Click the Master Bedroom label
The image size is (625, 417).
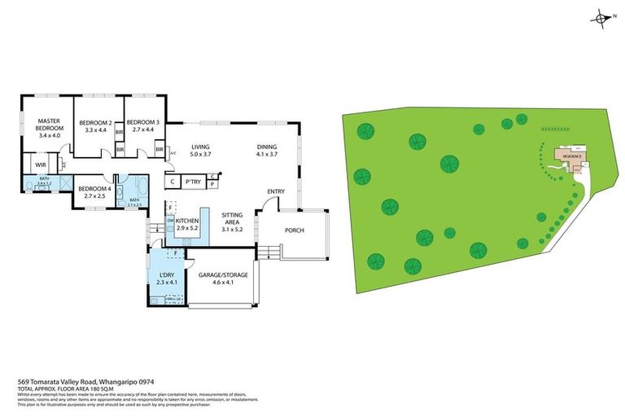(x=49, y=125)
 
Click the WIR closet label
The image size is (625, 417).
(x=39, y=165)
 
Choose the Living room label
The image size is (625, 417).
(x=200, y=147)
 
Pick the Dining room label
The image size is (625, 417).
(x=267, y=147)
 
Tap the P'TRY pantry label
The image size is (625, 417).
(x=193, y=182)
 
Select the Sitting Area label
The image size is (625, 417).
(x=232, y=217)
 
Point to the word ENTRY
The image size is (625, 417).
(x=276, y=191)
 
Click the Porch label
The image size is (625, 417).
(x=294, y=230)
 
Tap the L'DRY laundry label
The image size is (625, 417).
(x=168, y=274)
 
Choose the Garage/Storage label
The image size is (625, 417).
(x=222, y=274)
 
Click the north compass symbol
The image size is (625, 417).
(x=601, y=17)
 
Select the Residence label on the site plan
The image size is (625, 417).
(x=573, y=155)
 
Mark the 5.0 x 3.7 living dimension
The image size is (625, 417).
(x=200, y=153)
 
